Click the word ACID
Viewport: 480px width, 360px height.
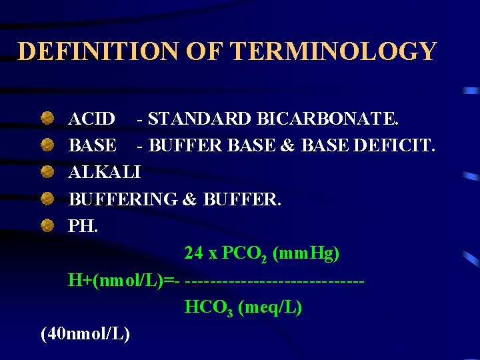(x=91, y=119)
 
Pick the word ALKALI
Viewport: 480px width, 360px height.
(x=105, y=173)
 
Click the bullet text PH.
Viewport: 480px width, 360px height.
(x=83, y=226)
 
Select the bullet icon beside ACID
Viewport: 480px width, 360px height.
(x=47, y=119)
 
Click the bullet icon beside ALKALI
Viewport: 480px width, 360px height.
(x=47, y=172)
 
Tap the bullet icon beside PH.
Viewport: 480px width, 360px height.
(x=47, y=225)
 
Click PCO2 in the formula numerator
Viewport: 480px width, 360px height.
(x=245, y=254)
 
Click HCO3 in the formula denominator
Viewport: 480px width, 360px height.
(x=209, y=308)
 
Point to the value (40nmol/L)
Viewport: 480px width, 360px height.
(x=85, y=334)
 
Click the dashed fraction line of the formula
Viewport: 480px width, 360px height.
(x=275, y=281)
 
